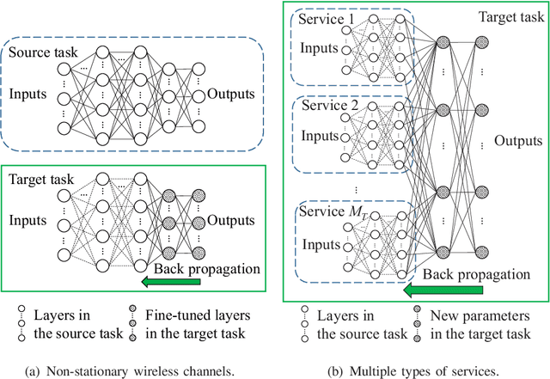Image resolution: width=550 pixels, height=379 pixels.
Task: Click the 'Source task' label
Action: click(x=41, y=54)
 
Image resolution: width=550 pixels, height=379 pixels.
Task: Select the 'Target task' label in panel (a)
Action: click(x=40, y=181)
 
